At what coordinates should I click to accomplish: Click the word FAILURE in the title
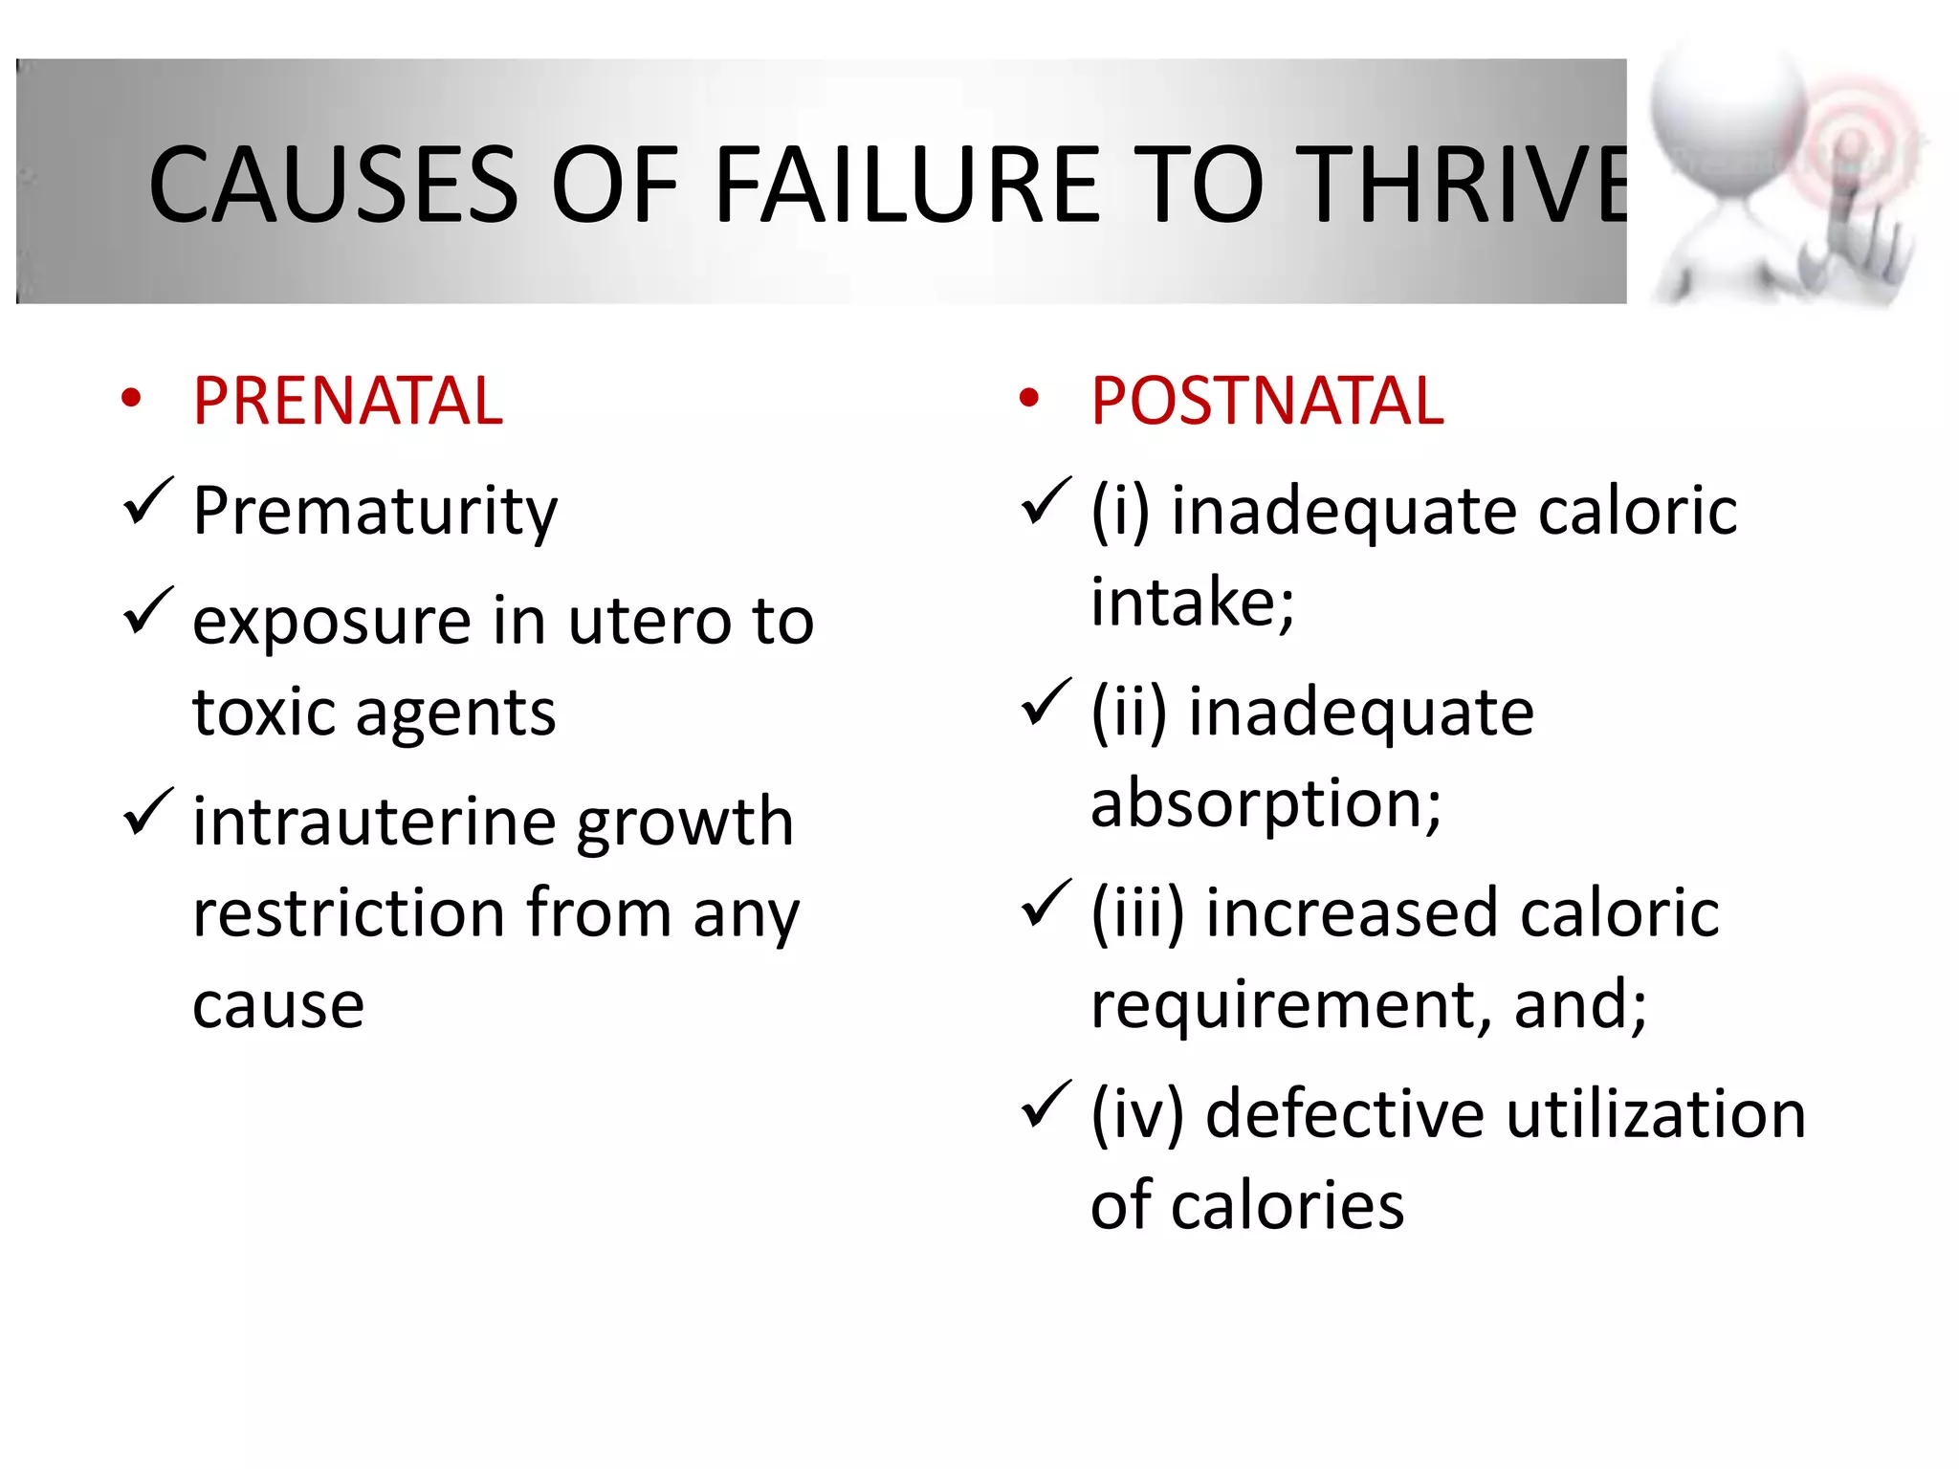[908, 184]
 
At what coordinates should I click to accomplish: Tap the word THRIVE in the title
[1464, 184]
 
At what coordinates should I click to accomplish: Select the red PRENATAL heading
[347, 401]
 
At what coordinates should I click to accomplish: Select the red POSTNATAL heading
[1266, 401]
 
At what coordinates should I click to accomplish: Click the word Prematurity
[374, 511]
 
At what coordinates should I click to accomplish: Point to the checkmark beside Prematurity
[147, 501]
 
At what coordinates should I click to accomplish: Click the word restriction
[348, 913]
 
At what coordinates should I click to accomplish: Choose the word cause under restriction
[278, 1005]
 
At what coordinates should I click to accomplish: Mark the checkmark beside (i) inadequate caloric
[1046, 501]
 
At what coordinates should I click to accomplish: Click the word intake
[1191, 603]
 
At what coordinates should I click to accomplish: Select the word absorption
[1264, 803]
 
